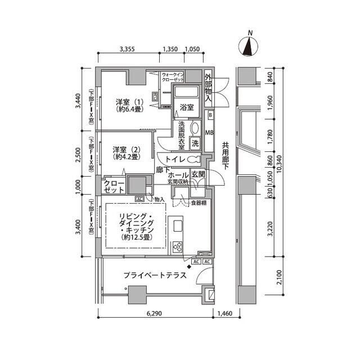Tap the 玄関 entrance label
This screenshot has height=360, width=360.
[x=198, y=175]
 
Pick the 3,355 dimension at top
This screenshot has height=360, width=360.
[x=128, y=49]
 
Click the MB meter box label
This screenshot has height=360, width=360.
[x=209, y=133]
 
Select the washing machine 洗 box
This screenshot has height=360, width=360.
[x=195, y=143]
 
